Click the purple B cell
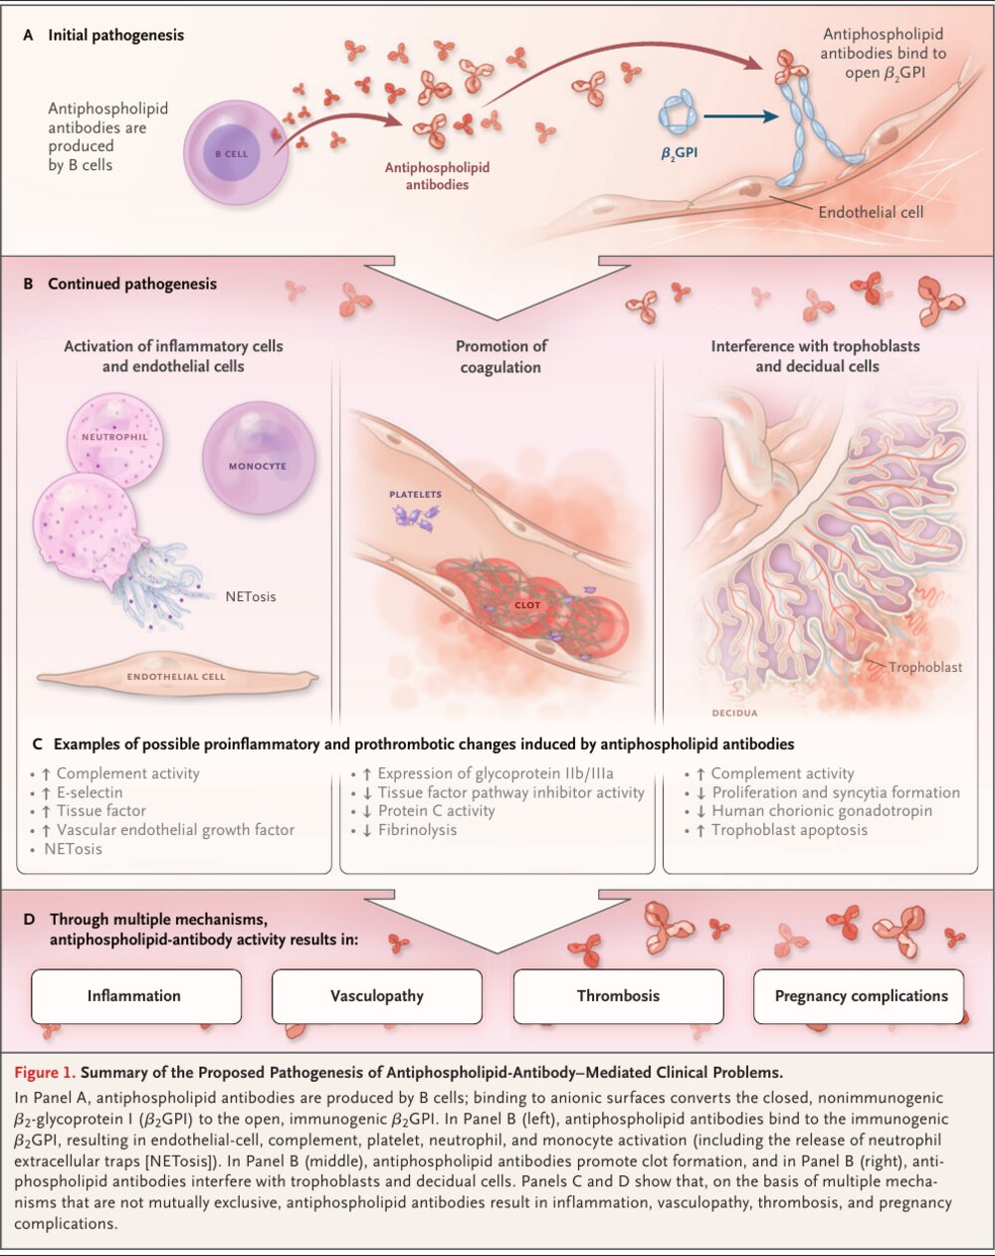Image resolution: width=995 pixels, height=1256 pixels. (236, 153)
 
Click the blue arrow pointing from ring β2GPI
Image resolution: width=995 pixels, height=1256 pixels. (740, 116)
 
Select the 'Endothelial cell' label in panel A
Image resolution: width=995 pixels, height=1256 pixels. (870, 212)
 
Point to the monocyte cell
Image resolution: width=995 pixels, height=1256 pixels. (259, 458)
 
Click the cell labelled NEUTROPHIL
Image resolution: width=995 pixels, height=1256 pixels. (115, 440)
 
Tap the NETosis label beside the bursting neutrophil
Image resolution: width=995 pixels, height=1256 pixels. (251, 596)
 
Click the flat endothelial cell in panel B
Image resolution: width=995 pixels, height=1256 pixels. (177, 676)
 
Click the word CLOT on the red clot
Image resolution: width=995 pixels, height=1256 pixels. (527, 605)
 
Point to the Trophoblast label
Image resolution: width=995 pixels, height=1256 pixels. (925, 667)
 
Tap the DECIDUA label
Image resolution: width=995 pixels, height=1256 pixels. (734, 713)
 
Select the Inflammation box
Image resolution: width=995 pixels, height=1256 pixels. (136, 996)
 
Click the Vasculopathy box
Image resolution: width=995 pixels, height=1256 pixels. (377, 996)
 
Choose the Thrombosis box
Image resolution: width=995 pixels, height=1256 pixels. (618, 996)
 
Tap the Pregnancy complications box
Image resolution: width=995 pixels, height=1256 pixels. (859, 996)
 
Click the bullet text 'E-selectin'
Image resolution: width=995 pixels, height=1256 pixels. (90, 792)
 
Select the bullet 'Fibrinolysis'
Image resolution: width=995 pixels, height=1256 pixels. (417, 829)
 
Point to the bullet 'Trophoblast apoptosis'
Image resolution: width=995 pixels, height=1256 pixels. (790, 829)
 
